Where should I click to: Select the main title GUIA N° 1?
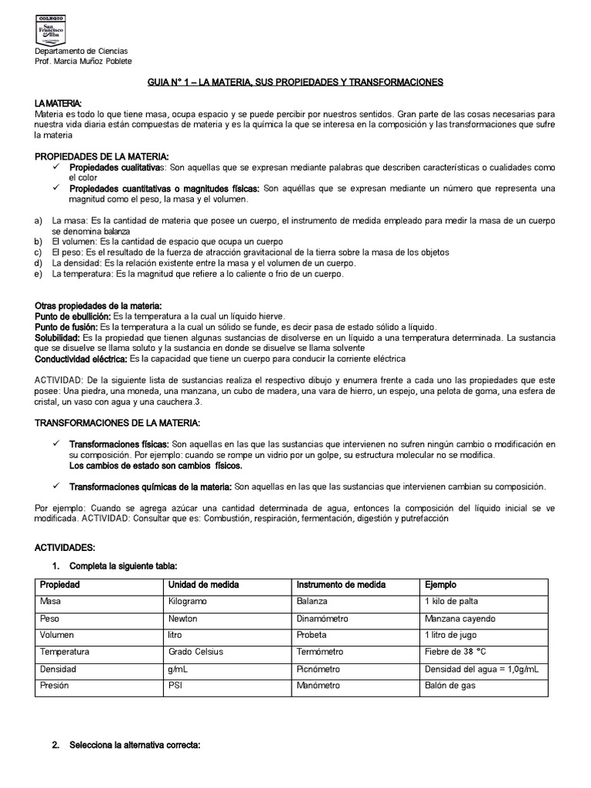[x=295, y=82]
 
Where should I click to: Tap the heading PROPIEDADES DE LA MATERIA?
[x=102, y=156]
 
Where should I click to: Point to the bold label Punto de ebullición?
[x=73, y=316]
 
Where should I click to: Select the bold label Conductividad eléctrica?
[x=81, y=359]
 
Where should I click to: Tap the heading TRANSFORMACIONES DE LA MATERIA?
[x=118, y=423]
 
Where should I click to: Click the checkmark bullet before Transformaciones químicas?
[x=57, y=486]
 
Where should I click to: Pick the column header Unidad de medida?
[x=203, y=585]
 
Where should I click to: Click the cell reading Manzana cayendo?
[x=460, y=619]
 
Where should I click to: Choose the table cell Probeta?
[x=312, y=636]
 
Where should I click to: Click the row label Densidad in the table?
[x=58, y=669]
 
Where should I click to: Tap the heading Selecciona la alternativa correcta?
[x=135, y=746]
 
